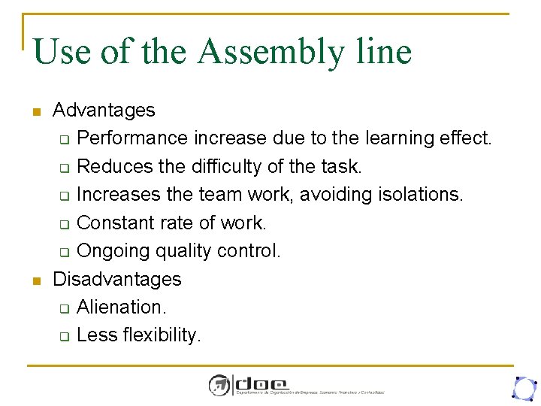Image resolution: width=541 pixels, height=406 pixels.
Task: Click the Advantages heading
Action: point(104,110)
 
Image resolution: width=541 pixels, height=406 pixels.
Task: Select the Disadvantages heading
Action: point(117,279)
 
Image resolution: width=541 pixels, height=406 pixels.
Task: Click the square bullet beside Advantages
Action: point(35,113)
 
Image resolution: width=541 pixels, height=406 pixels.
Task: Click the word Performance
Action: point(133,138)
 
